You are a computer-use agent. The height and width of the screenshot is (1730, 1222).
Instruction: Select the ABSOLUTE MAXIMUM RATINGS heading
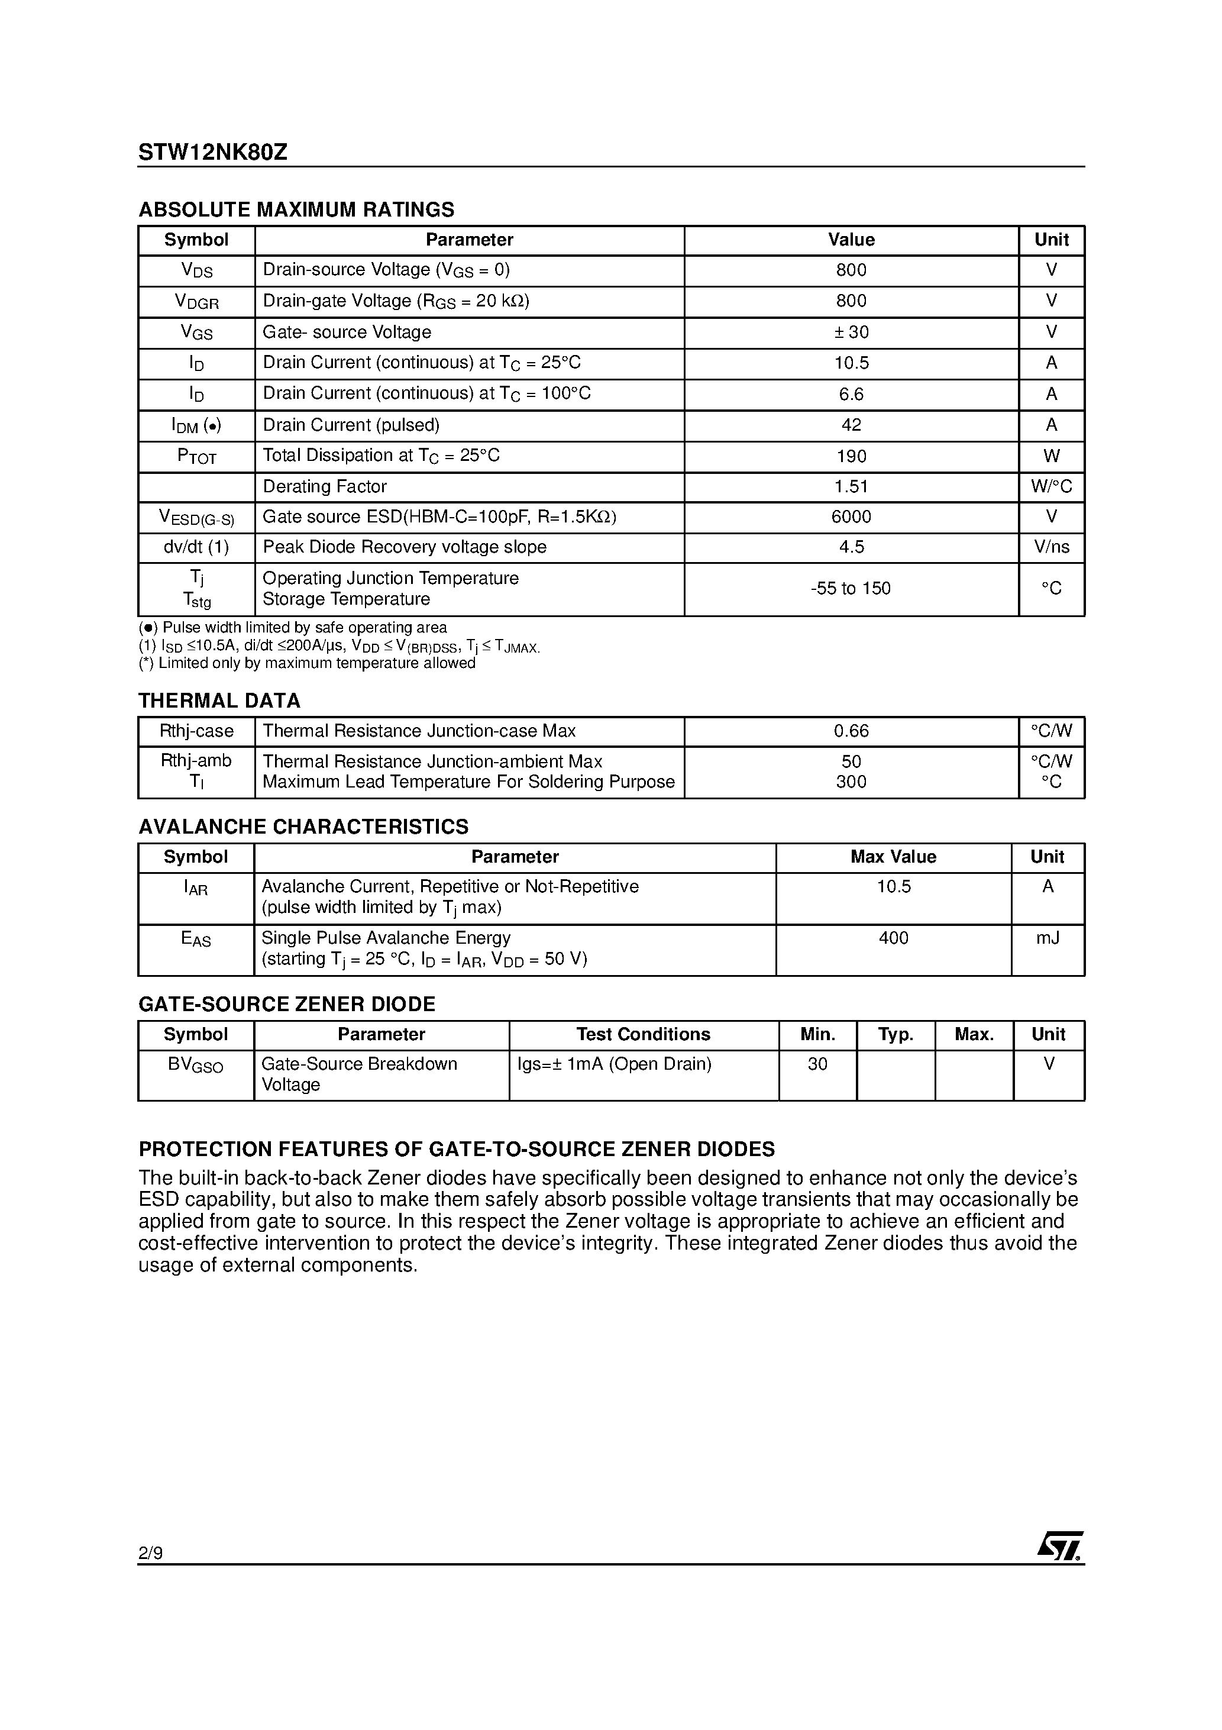pyautogui.click(x=296, y=209)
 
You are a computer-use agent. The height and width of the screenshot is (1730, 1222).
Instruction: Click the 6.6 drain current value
pyautogui.click(x=851, y=394)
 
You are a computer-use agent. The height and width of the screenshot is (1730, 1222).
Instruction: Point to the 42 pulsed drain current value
pyautogui.click(x=851, y=425)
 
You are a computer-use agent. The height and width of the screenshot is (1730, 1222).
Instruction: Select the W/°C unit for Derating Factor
pyautogui.click(x=1051, y=487)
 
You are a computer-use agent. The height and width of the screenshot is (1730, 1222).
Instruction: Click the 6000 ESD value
pyautogui.click(x=851, y=517)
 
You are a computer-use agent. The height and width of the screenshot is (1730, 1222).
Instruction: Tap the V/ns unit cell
pyautogui.click(x=1051, y=547)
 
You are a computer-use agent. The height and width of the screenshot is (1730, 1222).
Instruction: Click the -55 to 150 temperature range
pyautogui.click(x=851, y=589)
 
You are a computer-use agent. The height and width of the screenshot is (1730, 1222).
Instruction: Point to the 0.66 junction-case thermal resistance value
pyautogui.click(x=851, y=731)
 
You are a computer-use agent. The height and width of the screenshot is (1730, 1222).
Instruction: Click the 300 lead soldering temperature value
pyautogui.click(x=851, y=782)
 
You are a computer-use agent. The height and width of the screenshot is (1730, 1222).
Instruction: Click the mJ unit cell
pyautogui.click(x=1047, y=938)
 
